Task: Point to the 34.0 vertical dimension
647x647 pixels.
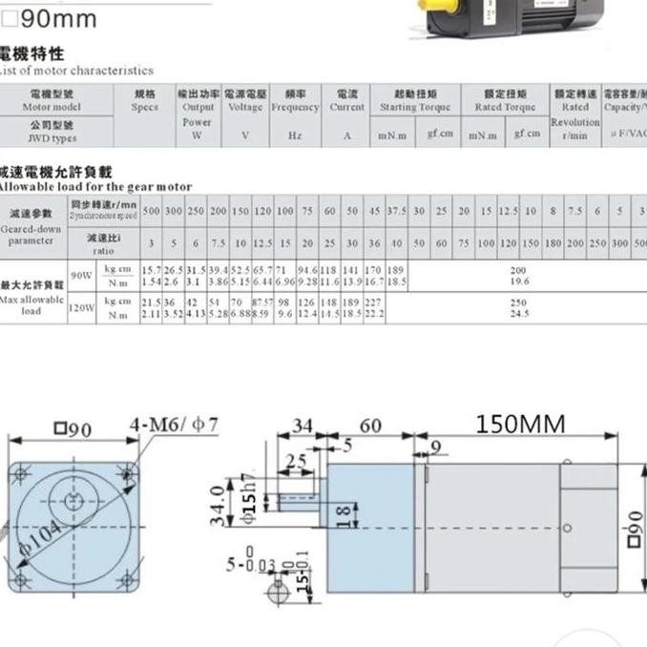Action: pyautogui.click(x=219, y=505)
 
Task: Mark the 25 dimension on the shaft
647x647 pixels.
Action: pyautogui.click(x=296, y=462)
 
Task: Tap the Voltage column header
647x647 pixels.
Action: pyautogui.click(x=245, y=101)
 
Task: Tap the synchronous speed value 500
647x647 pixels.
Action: pyautogui.click(x=150, y=210)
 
